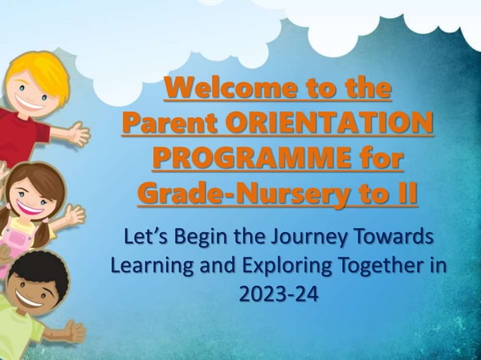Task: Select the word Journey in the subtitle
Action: (311, 238)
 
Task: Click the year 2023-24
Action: (278, 294)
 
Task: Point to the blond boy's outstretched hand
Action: (78, 133)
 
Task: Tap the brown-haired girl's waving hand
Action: (73, 216)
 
